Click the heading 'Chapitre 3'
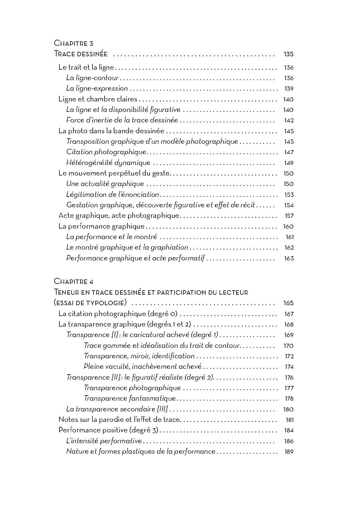73,43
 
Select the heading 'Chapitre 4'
73,281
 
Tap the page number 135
289,54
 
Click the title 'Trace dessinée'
81,54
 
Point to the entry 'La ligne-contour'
92,78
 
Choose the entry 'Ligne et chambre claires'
98,99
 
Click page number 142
289,120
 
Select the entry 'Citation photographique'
106,152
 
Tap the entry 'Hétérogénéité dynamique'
108,163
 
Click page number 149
289,163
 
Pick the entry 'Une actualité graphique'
105,184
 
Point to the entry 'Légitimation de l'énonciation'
112,194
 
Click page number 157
289,216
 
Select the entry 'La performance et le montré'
111,237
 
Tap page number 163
289,258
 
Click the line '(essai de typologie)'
91,303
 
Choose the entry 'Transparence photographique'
132,388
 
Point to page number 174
289,367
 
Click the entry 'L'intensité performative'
104,441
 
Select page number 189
289,452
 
